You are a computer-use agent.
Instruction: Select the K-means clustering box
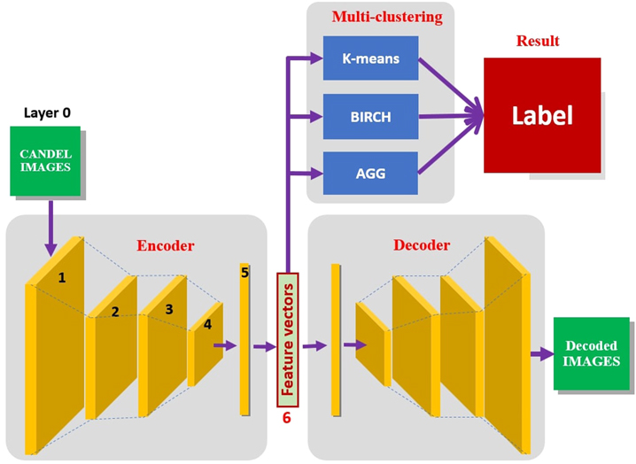coord(370,58)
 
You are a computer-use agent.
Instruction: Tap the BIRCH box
coord(370,115)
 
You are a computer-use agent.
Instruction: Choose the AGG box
coord(370,172)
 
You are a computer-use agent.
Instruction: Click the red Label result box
coord(541,115)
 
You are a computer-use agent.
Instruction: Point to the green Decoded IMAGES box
coord(592,353)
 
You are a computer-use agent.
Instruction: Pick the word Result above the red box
coord(538,42)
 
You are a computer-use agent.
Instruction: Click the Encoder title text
coord(165,245)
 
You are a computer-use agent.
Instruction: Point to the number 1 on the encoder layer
coord(61,277)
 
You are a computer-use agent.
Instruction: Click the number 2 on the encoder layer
coord(114,312)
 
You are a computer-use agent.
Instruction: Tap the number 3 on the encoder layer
coord(168,309)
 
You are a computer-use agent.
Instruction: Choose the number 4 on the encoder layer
coord(207,324)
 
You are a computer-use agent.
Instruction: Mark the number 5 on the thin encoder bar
coord(244,273)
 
